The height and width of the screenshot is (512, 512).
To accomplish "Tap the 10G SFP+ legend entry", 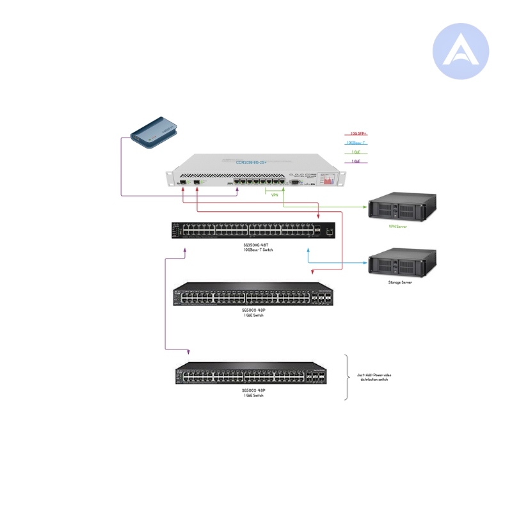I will [357, 134].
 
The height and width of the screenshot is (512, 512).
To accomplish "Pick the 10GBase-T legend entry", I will [356, 143].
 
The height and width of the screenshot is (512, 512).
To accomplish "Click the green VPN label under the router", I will [275, 195].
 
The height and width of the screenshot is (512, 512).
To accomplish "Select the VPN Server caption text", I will [397, 226].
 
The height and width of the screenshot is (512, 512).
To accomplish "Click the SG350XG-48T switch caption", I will [254, 247].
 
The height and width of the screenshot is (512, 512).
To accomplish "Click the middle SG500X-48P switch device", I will [253, 296].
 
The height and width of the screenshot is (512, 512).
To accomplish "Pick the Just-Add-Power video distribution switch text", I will [374, 378].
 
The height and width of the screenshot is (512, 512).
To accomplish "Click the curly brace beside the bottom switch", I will [347, 378].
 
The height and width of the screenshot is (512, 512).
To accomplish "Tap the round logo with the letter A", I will [460, 51].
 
